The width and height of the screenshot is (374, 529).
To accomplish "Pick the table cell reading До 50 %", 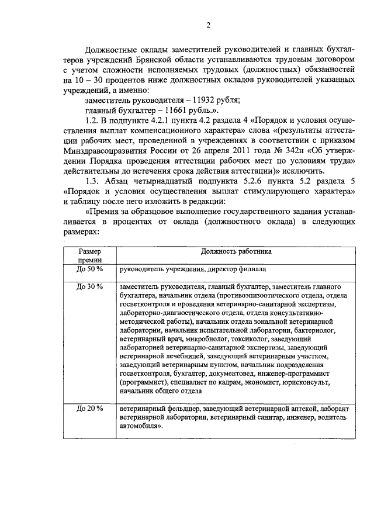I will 89,269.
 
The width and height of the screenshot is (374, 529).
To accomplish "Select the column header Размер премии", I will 89,255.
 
